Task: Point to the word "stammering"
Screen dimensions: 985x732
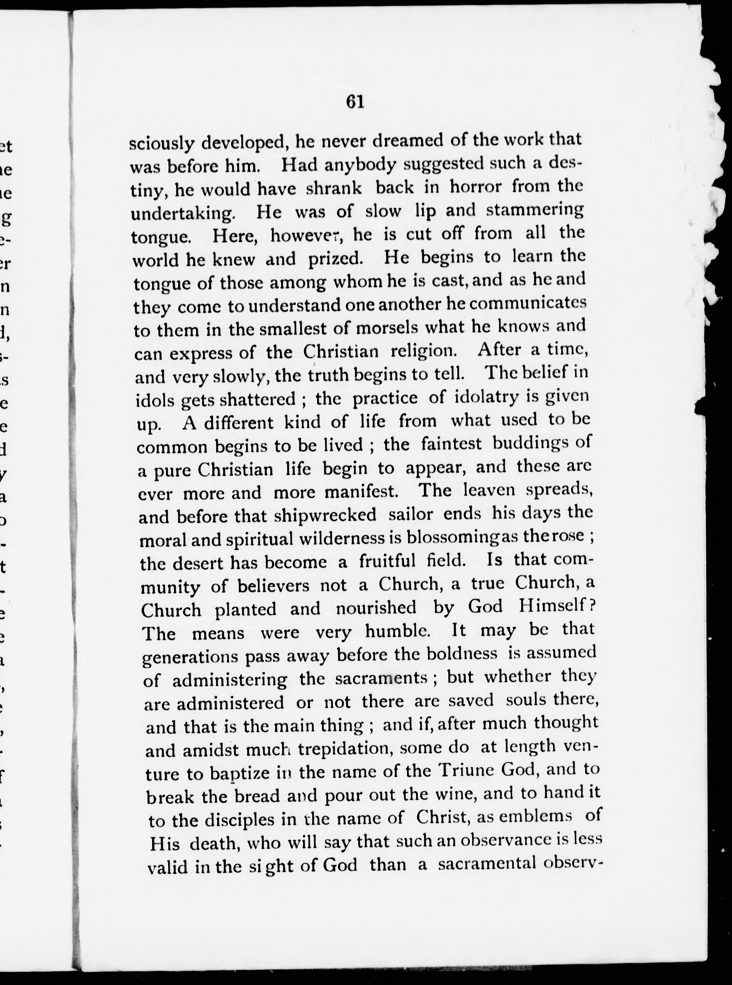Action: pyautogui.click(x=535, y=210)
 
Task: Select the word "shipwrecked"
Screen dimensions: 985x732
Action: pyautogui.click(x=325, y=515)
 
